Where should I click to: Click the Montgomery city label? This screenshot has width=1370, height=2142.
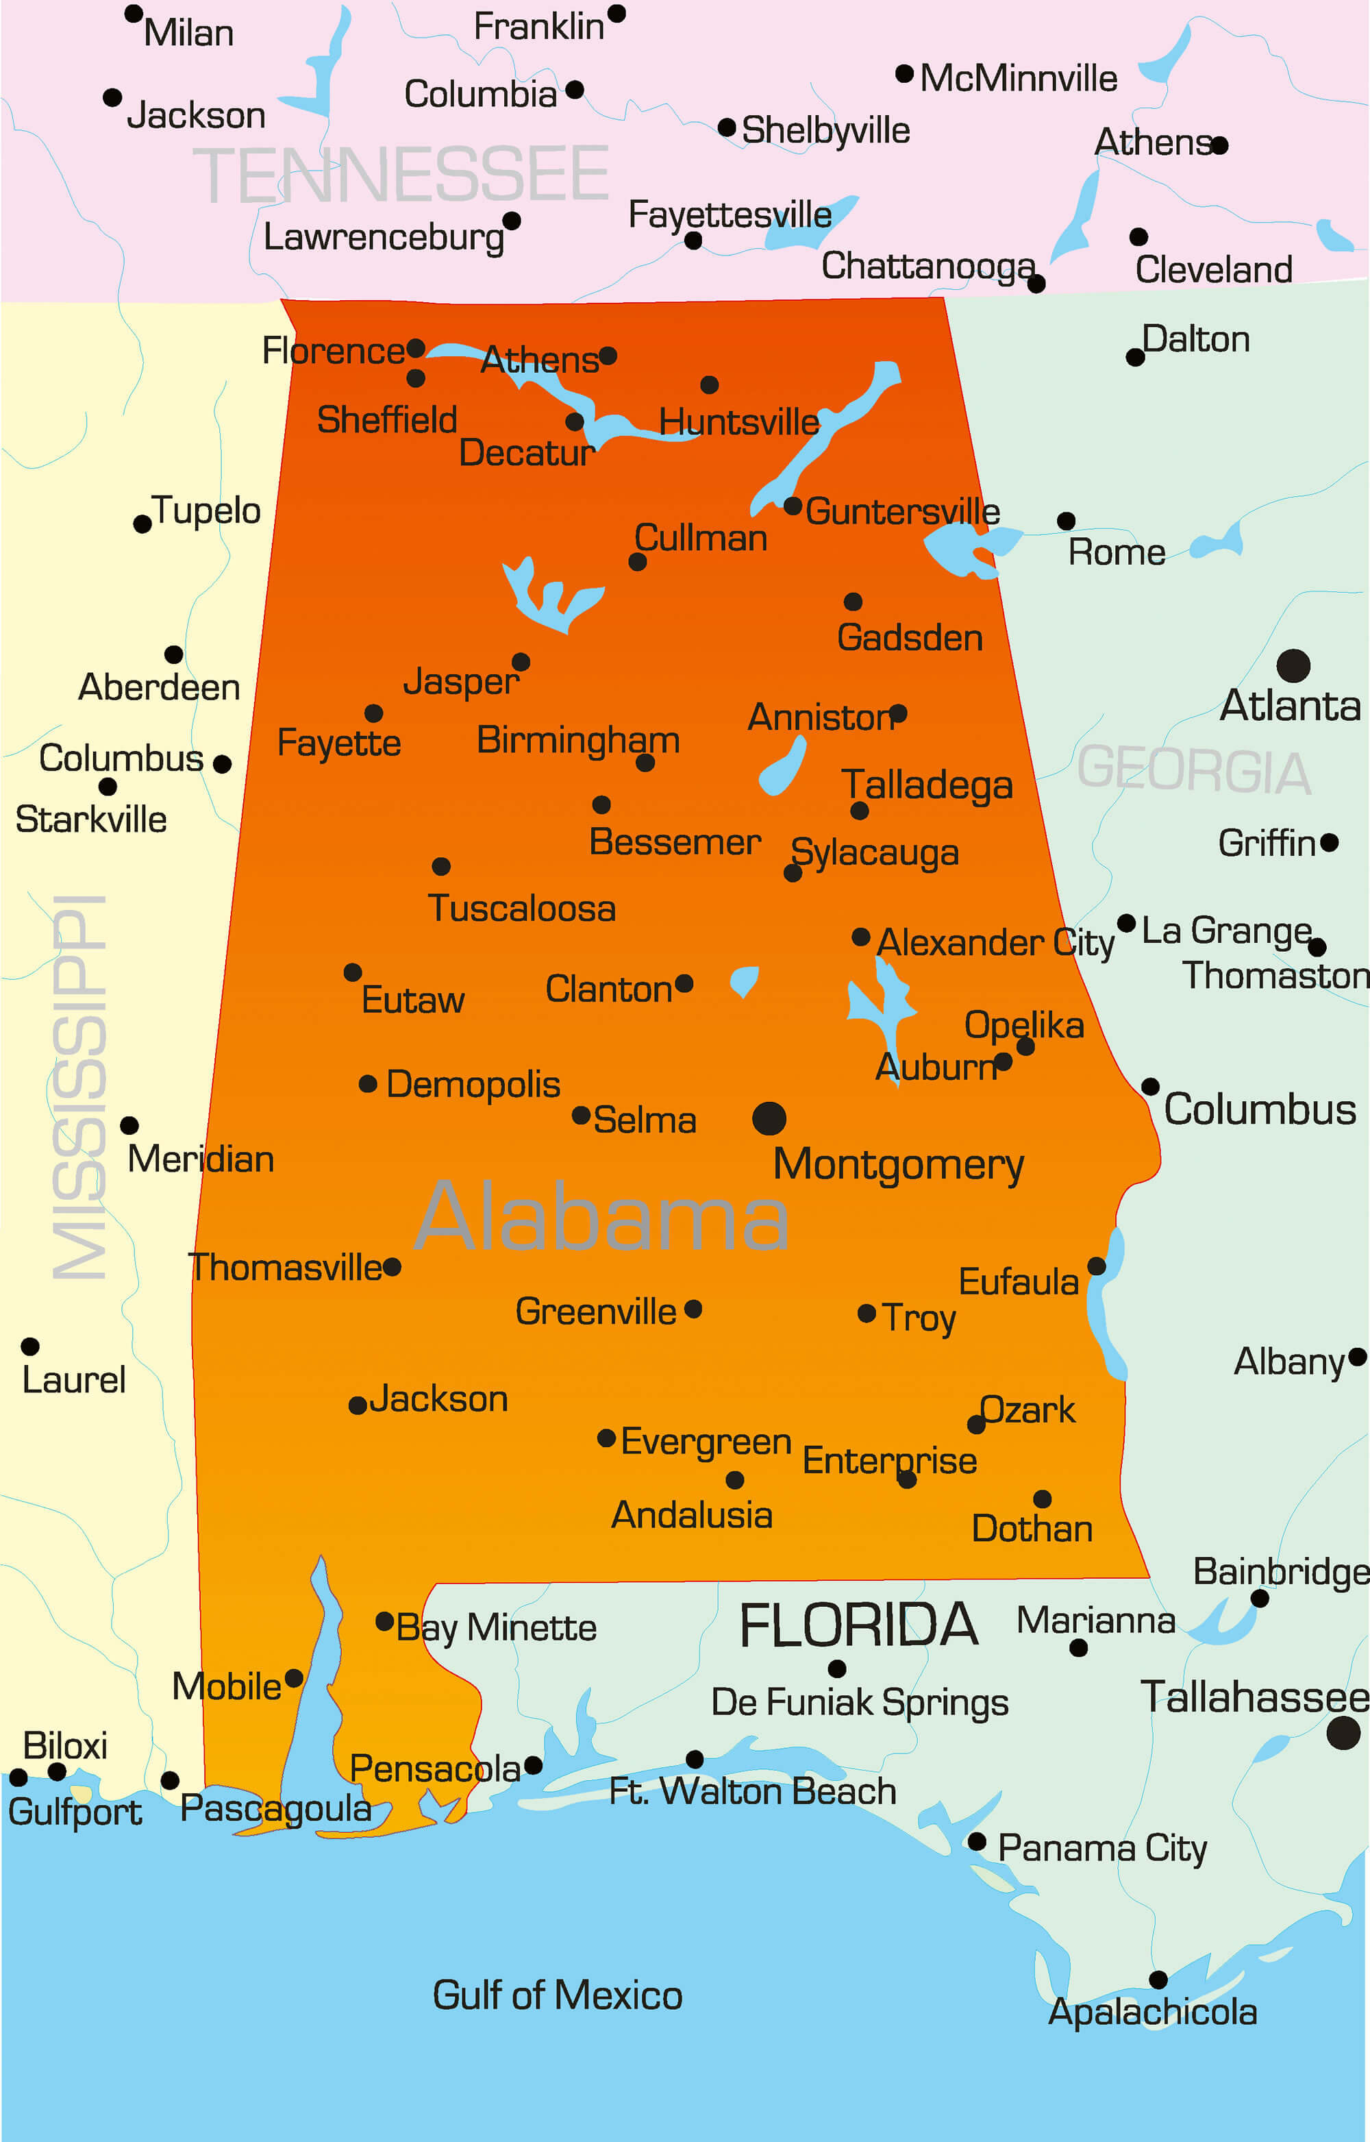click(x=899, y=1164)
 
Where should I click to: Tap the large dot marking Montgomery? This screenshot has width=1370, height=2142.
click(x=769, y=1118)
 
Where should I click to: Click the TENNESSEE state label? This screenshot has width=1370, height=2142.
click(x=401, y=175)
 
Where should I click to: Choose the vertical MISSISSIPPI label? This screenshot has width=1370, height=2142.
click(x=80, y=1087)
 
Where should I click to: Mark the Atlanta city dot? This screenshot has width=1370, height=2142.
click(x=1293, y=665)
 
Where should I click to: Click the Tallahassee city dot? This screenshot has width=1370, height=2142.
click(x=1343, y=1733)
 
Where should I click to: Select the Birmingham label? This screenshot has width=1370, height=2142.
click(x=578, y=739)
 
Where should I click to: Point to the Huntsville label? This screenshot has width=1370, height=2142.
click(x=738, y=422)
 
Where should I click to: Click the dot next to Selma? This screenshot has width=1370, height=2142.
click(x=581, y=1115)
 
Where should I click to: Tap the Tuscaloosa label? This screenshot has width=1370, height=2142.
click(x=522, y=909)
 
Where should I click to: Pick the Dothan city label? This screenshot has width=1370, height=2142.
click(x=1032, y=1529)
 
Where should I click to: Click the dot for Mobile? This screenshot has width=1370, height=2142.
click(x=294, y=1677)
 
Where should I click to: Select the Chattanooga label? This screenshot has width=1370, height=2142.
click(x=928, y=265)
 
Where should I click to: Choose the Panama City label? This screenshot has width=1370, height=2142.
click(x=1102, y=1848)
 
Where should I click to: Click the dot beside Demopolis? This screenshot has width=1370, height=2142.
click(x=367, y=1083)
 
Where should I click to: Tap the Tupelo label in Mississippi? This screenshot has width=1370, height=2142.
click(x=206, y=510)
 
